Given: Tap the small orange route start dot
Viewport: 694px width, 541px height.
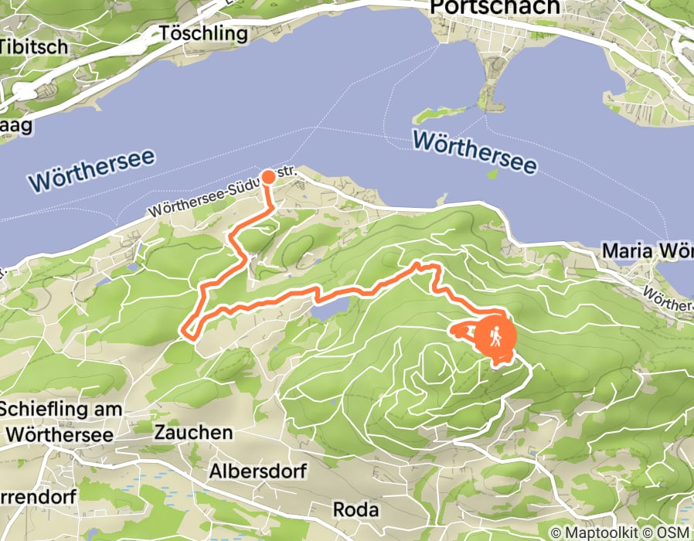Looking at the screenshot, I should [269, 177].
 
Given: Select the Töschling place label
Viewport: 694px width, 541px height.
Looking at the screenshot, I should [203, 34].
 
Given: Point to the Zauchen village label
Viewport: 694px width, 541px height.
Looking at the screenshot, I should [193, 432].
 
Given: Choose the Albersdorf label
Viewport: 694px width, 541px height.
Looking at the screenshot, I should [258, 471].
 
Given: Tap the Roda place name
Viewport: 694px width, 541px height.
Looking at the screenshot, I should [356, 510].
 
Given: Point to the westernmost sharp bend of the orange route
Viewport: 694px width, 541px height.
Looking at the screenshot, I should [184, 332].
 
